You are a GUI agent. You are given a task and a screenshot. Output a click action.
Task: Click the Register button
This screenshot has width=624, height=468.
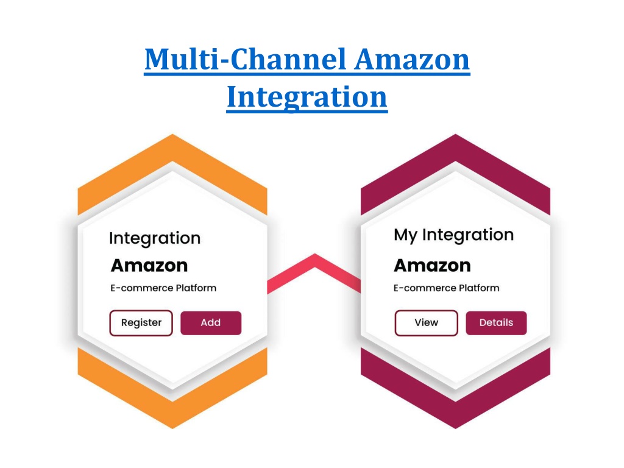(x=141, y=323)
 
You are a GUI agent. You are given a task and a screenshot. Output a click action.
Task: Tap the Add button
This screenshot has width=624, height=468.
(x=211, y=323)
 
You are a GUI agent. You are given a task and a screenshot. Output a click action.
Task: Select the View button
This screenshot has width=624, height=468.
(x=426, y=323)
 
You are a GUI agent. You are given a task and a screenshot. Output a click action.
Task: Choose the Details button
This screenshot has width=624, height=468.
(x=496, y=323)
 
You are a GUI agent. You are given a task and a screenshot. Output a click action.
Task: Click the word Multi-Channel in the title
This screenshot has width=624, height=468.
(x=245, y=59)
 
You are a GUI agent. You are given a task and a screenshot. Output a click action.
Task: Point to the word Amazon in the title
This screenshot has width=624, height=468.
(x=412, y=59)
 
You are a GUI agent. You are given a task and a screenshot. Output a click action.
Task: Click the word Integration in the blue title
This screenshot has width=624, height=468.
(x=307, y=97)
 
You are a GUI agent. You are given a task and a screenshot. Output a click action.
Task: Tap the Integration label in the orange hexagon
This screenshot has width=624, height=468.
(x=155, y=238)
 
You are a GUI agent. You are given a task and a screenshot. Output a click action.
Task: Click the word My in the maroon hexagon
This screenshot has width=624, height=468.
(x=405, y=235)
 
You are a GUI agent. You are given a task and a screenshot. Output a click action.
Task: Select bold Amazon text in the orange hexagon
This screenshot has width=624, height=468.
(x=149, y=266)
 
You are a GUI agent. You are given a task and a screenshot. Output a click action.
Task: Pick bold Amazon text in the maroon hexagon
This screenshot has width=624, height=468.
(x=432, y=266)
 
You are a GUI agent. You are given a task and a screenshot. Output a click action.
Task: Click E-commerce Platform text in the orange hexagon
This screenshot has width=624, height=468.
(x=163, y=288)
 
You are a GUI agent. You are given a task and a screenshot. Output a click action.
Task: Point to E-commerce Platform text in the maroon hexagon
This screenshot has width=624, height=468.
(x=446, y=288)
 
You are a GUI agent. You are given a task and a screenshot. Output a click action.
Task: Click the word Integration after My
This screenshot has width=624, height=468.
(x=468, y=235)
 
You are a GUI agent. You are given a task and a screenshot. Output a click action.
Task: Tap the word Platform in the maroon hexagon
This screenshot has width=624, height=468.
(x=479, y=288)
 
